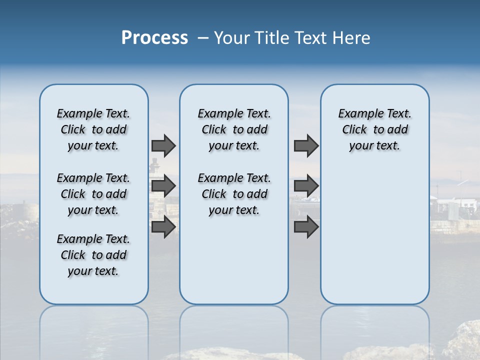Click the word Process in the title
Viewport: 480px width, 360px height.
point(154,38)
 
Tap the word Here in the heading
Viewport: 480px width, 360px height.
point(351,38)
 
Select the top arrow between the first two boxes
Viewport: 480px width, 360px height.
point(163,145)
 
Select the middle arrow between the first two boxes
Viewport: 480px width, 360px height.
point(163,186)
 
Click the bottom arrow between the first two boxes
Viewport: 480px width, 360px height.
point(163,227)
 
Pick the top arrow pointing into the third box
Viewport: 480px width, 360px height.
point(306,145)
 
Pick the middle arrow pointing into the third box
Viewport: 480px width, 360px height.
point(306,186)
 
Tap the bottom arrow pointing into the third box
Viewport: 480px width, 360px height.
point(306,227)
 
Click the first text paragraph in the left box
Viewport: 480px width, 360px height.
point(93,129)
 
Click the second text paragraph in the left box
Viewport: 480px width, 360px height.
point(93,194)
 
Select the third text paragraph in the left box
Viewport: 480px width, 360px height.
point(93,255)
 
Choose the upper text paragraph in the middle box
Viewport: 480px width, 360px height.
point(234,129)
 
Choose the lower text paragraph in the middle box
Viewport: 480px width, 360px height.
point(234,194)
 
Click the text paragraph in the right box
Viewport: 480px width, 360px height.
point(375,129)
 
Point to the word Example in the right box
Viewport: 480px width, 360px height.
point(356,114)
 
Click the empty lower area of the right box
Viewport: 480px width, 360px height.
point(375,240)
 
